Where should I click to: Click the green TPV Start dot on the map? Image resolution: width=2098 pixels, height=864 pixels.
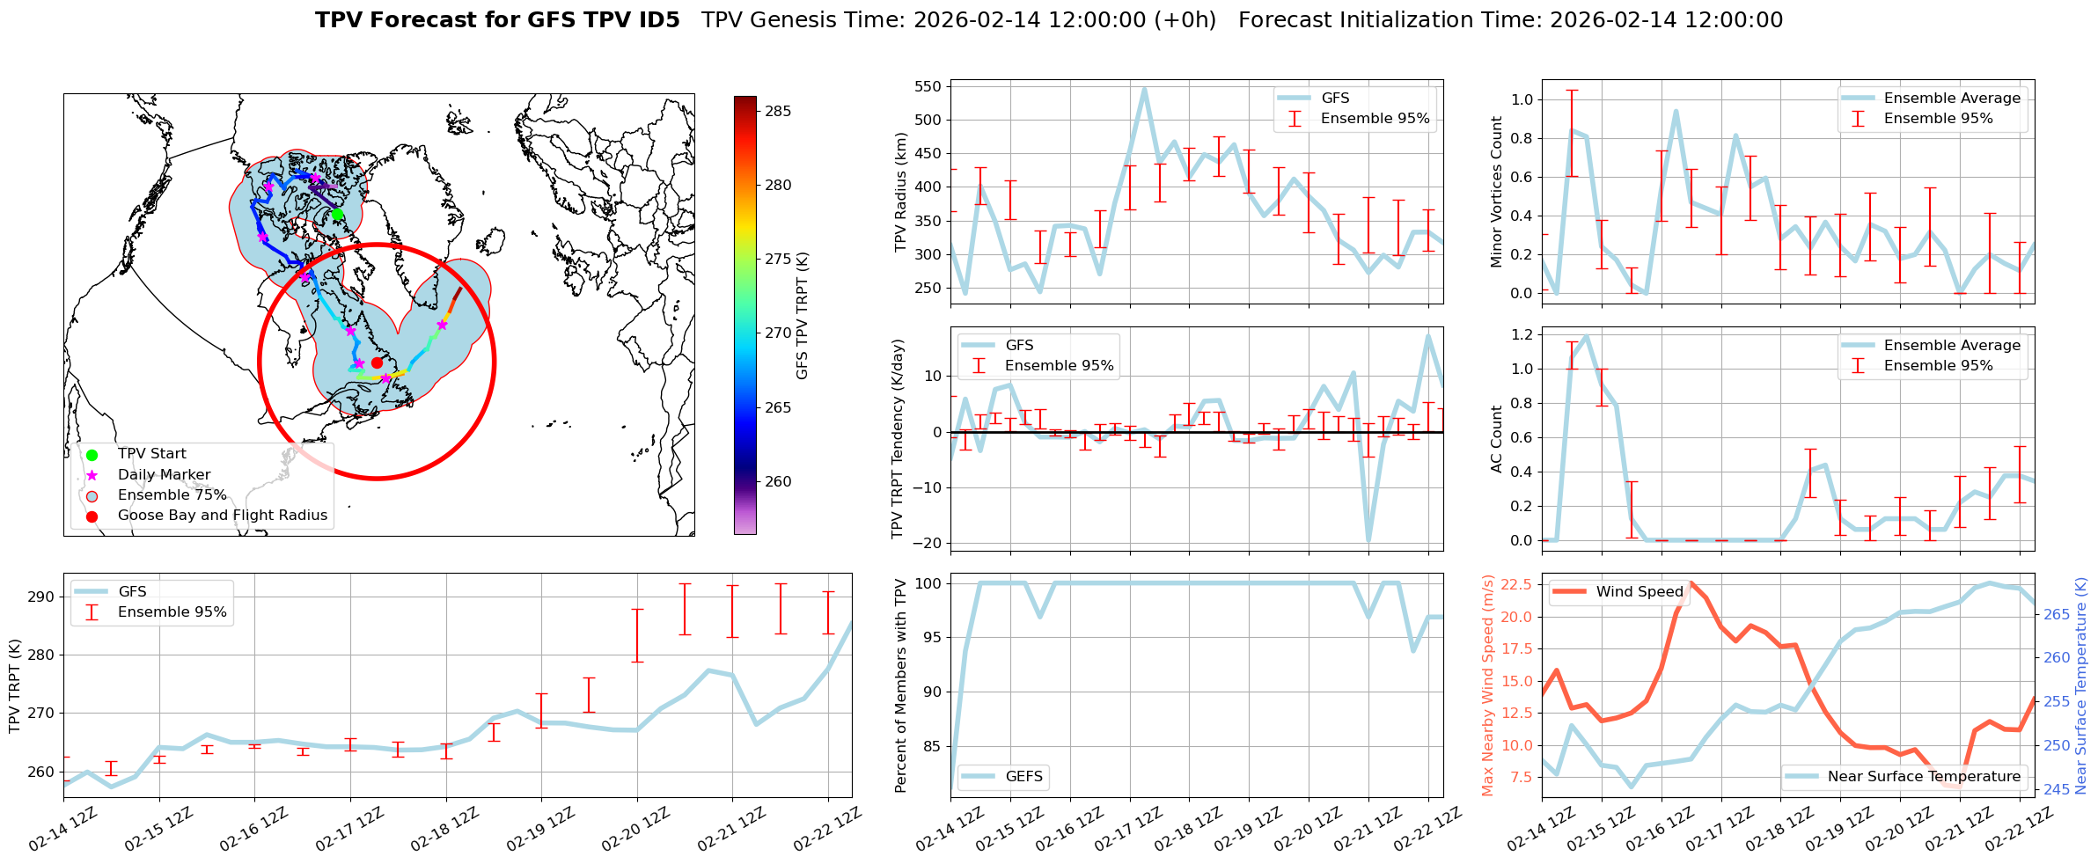pos(337,214)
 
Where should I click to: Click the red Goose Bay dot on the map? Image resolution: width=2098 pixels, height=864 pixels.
pos(377,362)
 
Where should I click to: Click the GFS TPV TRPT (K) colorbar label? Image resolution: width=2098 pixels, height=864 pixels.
pos(802,316)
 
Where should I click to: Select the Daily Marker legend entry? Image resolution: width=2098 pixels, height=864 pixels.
pos(164,474)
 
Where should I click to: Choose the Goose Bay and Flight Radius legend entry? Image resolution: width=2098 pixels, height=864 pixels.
pos(222,515)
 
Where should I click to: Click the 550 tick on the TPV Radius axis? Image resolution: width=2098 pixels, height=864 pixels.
pos(929,86)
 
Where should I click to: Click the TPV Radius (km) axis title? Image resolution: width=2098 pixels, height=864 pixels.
pos(900,192)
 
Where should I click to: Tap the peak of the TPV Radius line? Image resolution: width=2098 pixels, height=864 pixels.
pos(1144,88)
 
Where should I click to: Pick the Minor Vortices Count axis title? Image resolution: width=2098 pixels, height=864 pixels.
pos(1497,192)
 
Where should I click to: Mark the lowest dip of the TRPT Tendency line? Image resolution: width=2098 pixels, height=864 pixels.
pos(1368,540)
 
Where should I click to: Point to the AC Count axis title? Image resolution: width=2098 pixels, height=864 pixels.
pos(1497,439)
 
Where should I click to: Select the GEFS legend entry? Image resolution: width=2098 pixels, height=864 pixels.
pos(1023,776)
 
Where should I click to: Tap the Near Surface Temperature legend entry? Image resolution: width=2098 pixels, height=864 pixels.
pos(1923,776)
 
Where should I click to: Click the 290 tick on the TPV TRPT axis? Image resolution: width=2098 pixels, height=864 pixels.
pos(41,597)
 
